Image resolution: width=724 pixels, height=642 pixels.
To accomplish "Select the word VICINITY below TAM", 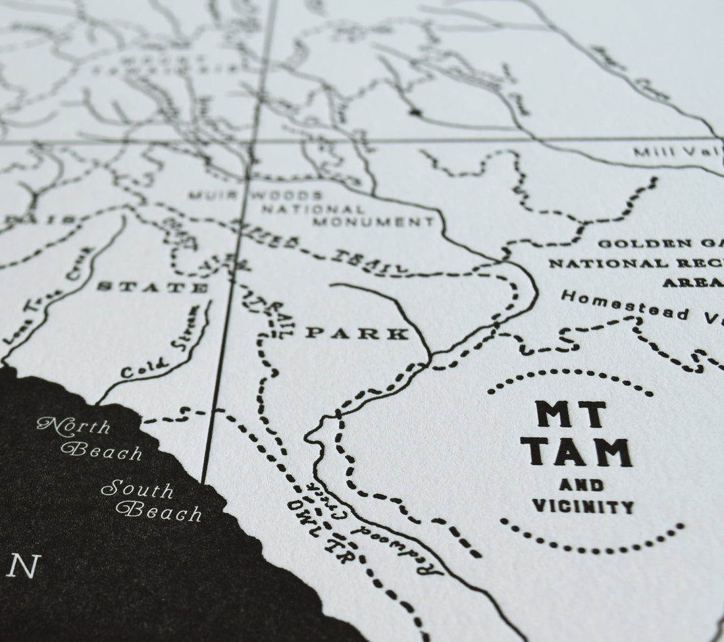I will click(x=588, y=506).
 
